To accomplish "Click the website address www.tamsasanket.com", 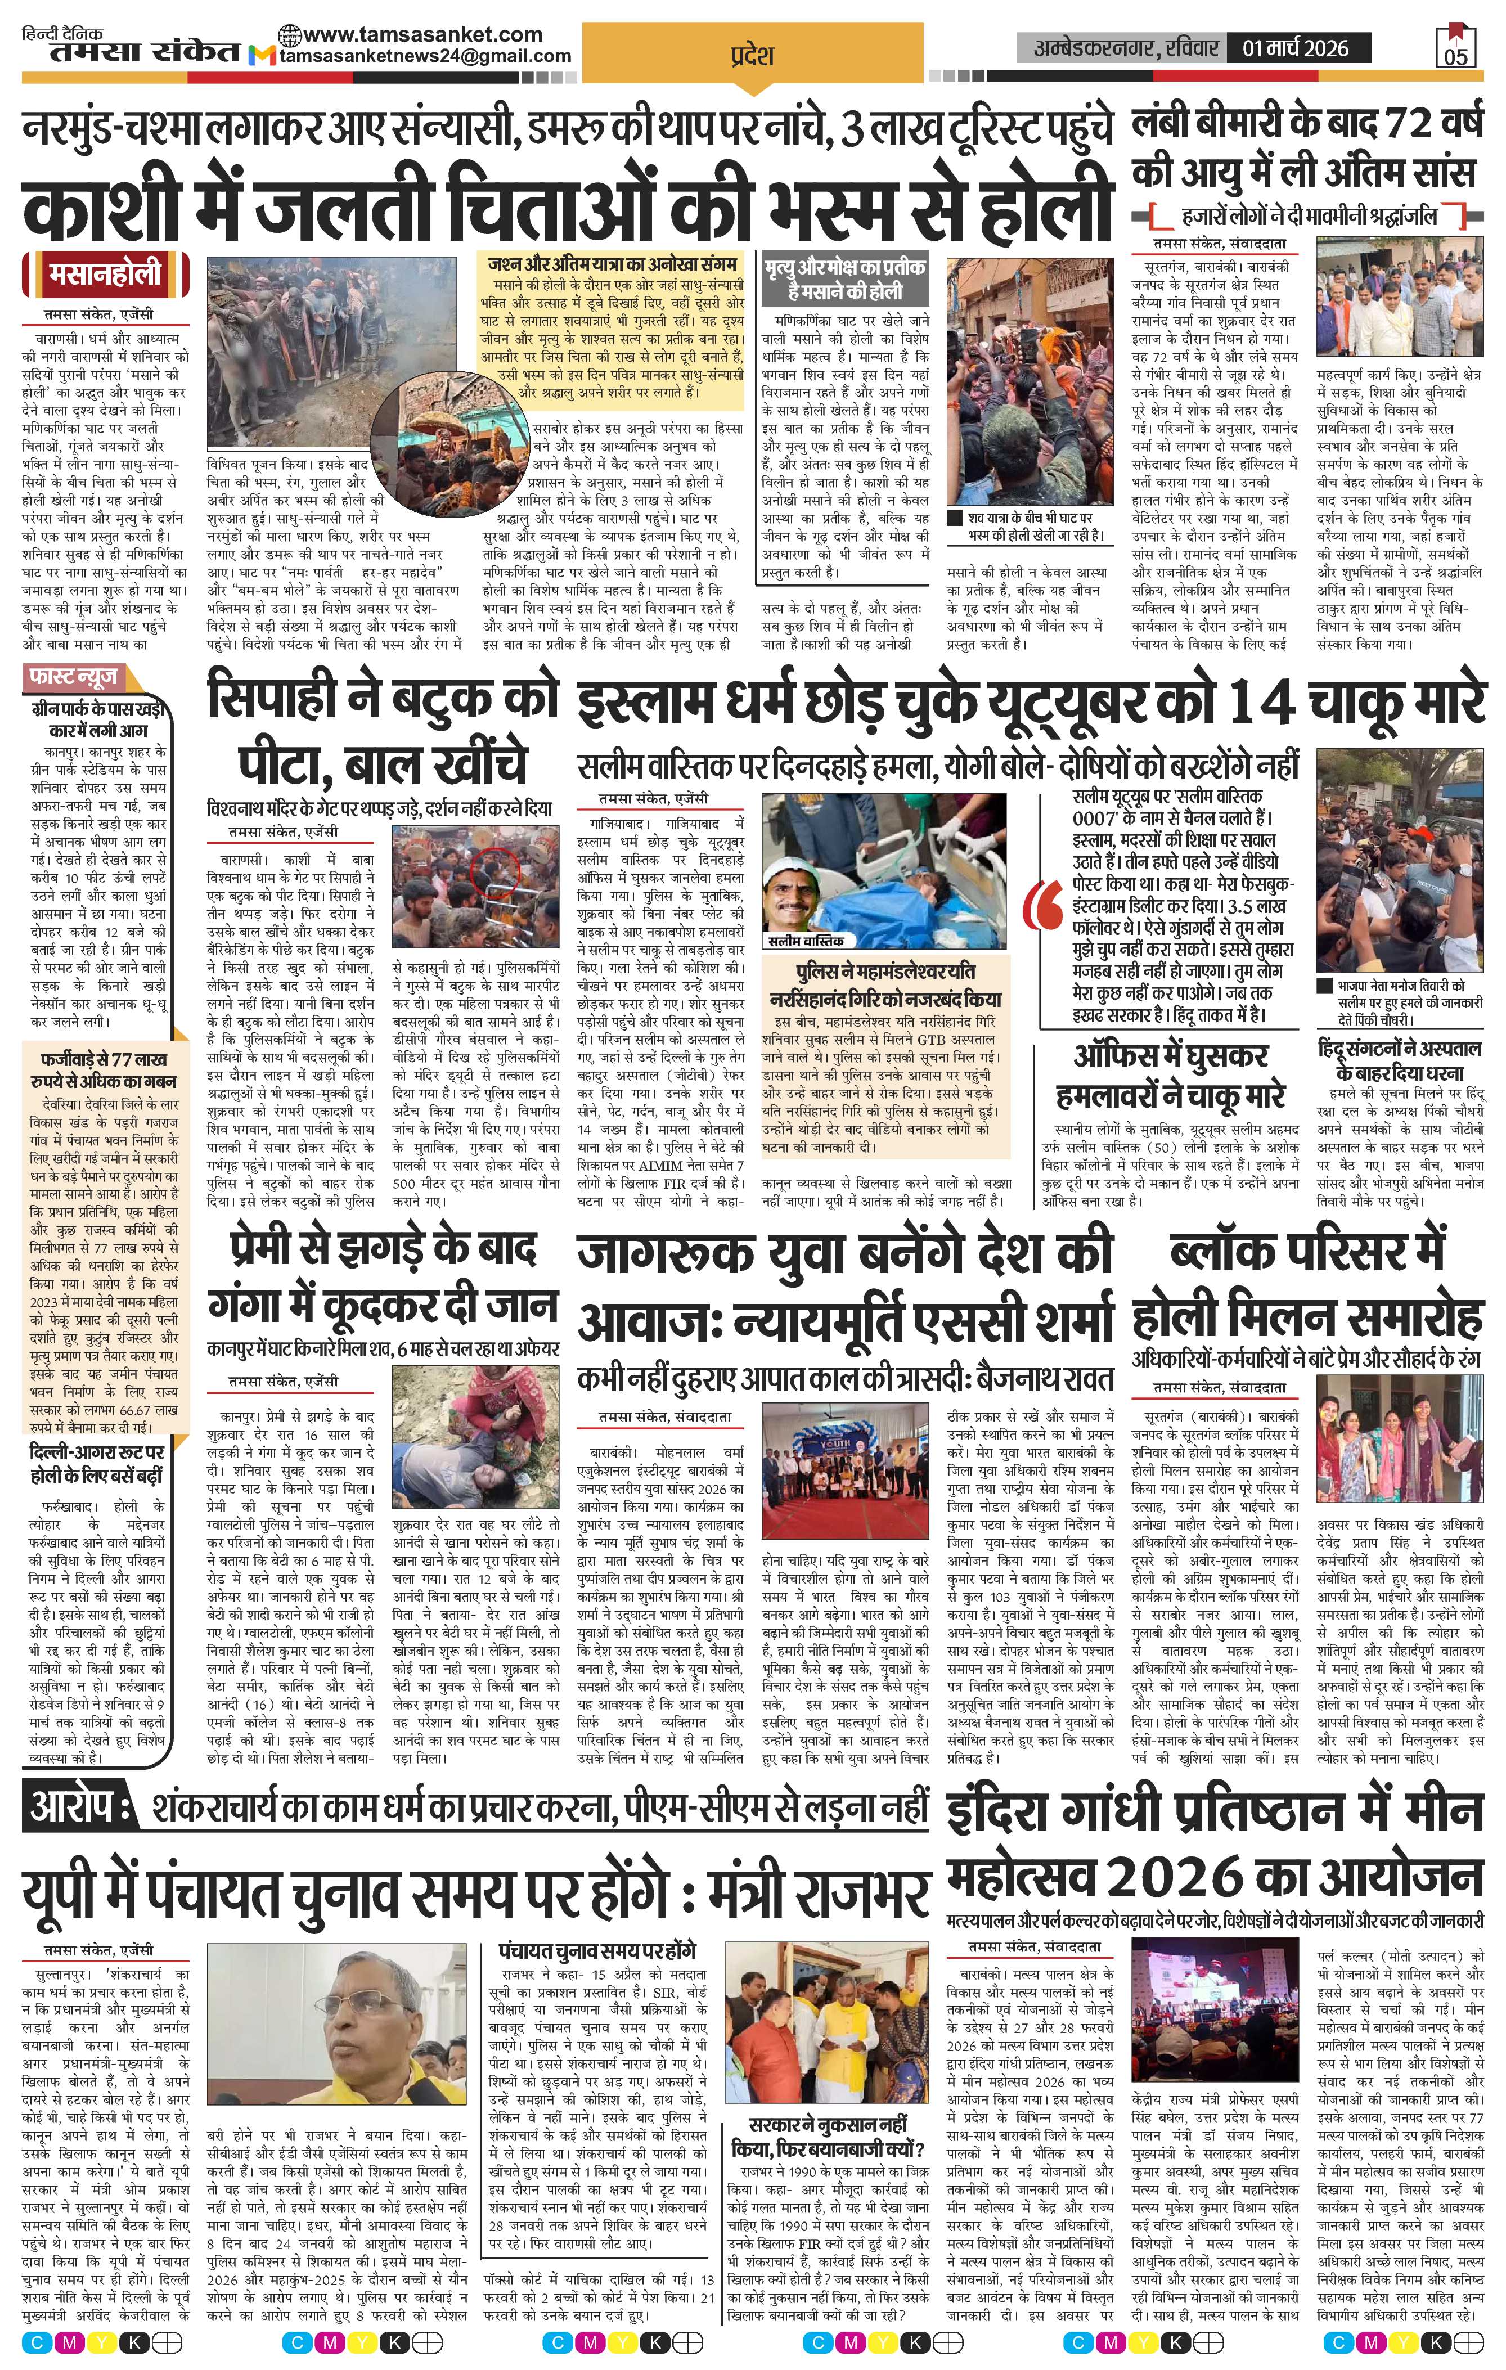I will [423, 33].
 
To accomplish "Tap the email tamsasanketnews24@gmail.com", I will [425, 56].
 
